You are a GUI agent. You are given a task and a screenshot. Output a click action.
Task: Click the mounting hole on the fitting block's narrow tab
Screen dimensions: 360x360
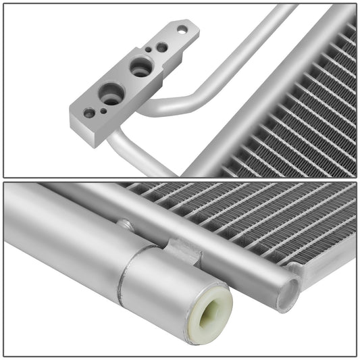tap(182, 29)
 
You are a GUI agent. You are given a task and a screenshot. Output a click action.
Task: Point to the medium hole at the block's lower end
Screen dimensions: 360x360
tap(89, 113)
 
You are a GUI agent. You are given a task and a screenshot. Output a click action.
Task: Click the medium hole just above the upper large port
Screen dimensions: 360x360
tap(162, 47)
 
